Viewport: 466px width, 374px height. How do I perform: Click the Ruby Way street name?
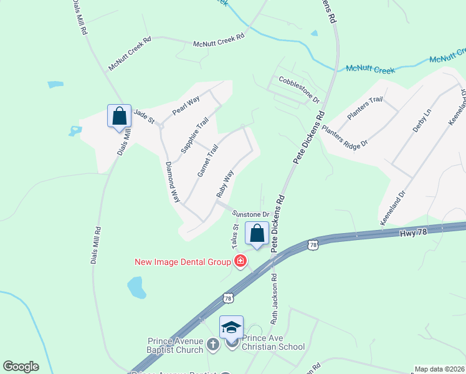pos(224,184)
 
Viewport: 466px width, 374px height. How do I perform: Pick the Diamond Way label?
pos(172,182)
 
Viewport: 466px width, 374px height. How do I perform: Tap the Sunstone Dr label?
pos(250,214)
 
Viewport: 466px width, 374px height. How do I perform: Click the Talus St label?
pos(237,239)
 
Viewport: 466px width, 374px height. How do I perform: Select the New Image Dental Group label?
pos(183,262)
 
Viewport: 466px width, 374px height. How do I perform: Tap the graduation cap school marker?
pos(231,327)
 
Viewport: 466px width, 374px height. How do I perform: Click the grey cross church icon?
pos(212,344)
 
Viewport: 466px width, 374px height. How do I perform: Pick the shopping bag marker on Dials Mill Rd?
pos(119,116)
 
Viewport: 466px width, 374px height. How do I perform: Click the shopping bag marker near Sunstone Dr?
pos(257,234)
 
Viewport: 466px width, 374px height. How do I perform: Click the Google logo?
pos(21,367)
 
